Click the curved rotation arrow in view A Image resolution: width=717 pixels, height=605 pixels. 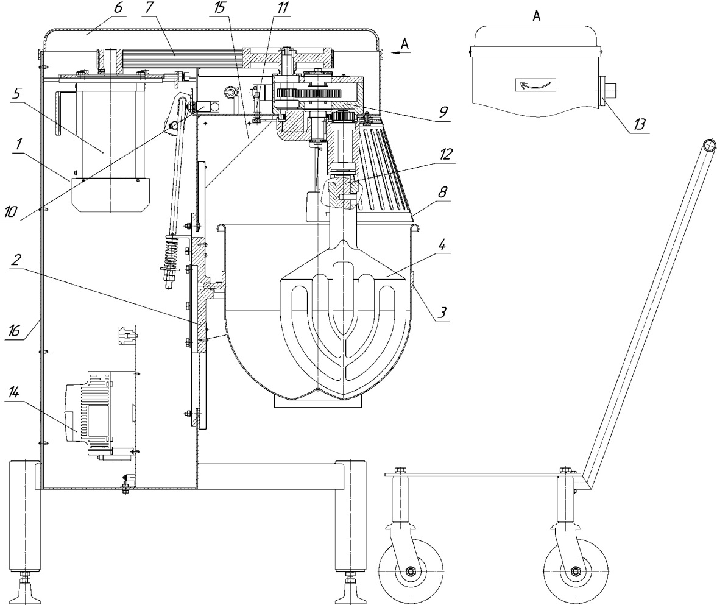(x=534, y=85)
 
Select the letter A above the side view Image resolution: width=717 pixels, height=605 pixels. (x=537, y=16)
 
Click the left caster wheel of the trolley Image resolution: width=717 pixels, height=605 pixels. (x=410, y=571)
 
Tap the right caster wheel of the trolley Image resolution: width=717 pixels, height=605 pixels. (x=575, y=571)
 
